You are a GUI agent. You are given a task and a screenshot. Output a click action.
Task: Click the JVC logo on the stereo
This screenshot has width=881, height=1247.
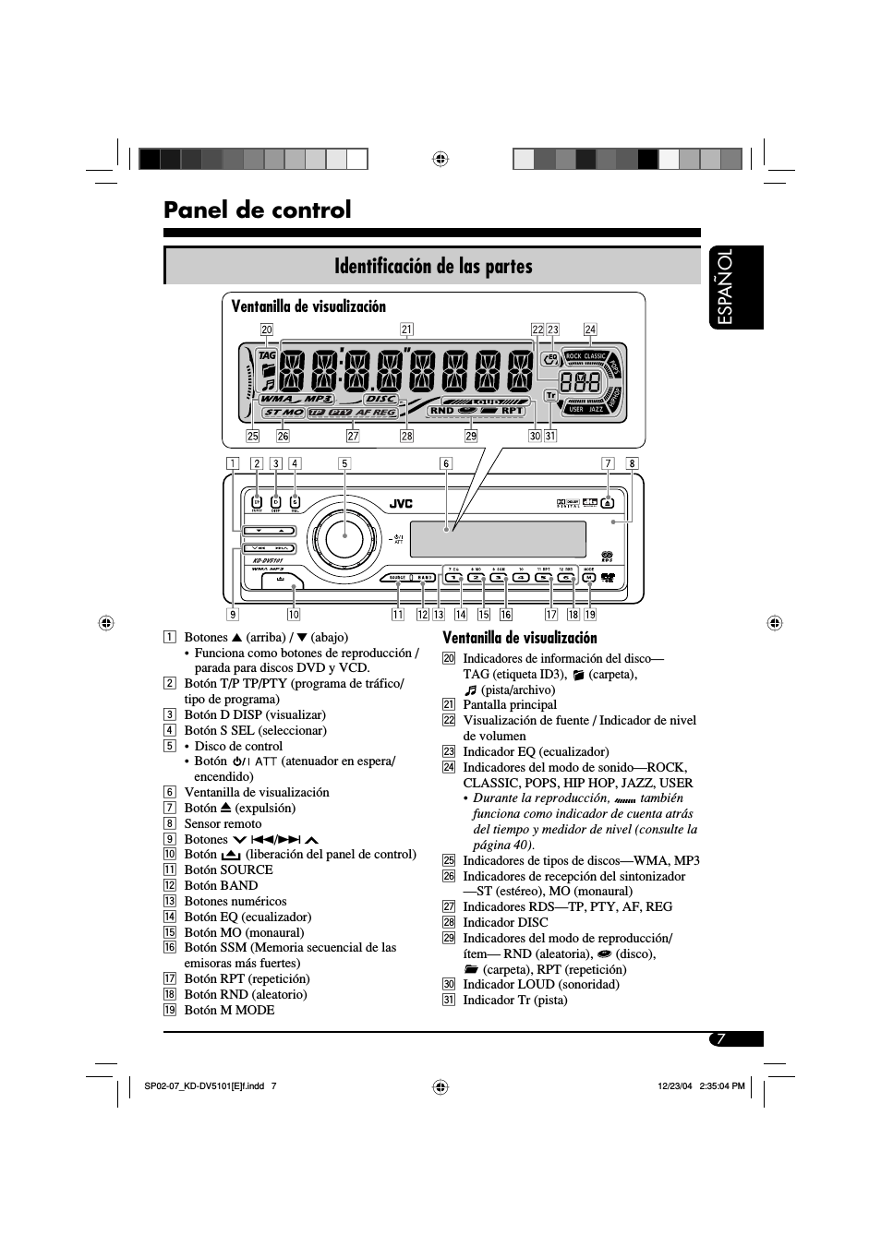(400, 503)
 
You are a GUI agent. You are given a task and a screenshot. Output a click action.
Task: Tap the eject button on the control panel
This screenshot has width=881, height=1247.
(608, 503)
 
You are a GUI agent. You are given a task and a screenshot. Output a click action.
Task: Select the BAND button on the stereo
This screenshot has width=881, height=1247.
(424, 578)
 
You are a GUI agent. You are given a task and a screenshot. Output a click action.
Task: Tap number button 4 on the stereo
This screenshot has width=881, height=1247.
(521, 578)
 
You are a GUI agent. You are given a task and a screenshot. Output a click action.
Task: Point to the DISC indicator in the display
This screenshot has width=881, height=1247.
(381, 400)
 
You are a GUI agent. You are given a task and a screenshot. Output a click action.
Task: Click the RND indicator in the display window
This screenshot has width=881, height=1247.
(441, 411)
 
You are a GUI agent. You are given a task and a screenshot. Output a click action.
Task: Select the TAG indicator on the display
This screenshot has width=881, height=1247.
(268, 355)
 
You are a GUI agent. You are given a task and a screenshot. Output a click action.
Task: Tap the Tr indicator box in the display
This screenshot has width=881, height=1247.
(551, 395)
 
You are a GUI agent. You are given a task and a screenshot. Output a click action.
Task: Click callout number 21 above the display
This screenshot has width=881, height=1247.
(406, 330)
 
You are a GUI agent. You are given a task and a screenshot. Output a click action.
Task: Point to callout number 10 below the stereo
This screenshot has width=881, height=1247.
(294, 615)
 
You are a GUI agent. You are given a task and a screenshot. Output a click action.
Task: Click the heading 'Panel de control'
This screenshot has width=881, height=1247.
(258, 210)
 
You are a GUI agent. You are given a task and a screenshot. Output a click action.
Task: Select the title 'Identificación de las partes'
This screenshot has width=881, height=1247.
(433, 267)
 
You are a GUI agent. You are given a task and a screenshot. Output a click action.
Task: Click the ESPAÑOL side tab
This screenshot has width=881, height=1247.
(737, 287)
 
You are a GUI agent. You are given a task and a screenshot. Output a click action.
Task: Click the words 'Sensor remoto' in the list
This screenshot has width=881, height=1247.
(223, 823)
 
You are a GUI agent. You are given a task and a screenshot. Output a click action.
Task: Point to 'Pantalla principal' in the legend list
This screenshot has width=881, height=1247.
(510, 704)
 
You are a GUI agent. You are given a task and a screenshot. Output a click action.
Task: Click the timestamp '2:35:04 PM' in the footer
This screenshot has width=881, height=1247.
(722, 1086)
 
